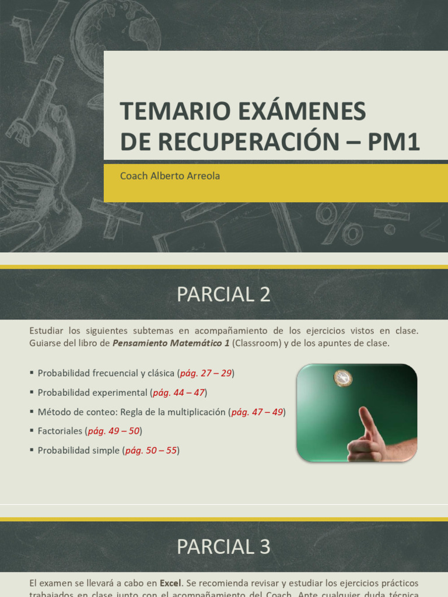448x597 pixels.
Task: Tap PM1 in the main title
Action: [393, 142]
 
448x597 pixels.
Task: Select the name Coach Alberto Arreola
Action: [170, 175]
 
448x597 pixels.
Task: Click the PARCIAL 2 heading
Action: [223, 295]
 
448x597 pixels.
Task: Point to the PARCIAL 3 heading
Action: [223, 546]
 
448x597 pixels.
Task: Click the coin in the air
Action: [343, 378]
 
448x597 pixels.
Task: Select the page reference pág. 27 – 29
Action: [206, 373]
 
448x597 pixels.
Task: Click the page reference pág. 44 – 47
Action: [178, 392]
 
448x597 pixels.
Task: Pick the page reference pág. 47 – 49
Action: [257, 412]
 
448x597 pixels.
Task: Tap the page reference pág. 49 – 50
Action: [114, 431]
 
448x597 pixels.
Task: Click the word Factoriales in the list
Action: [60, 431]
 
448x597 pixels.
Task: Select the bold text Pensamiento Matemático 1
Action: [171, 343]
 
